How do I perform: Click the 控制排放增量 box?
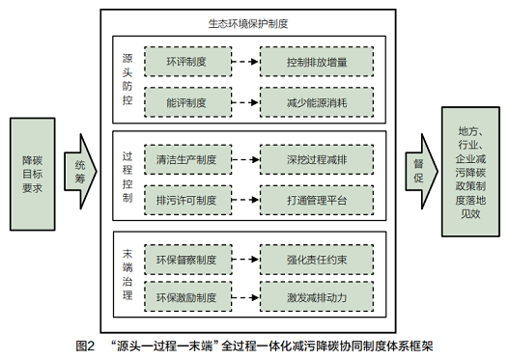317,65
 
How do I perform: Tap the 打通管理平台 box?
317,199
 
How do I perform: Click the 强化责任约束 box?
317,259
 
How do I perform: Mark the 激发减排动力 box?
317,296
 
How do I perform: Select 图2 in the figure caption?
85,346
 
